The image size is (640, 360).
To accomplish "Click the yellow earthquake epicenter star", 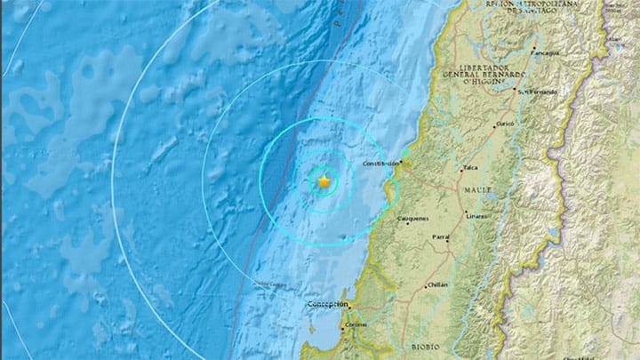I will [324, 182].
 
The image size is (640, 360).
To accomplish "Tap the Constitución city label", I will [382, 164].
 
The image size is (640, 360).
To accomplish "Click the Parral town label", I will [441, 238].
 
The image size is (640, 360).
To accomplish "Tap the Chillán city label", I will [436, 284].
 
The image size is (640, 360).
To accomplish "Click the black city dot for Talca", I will [461, 169].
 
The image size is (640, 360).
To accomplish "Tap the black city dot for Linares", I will [466, 212].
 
